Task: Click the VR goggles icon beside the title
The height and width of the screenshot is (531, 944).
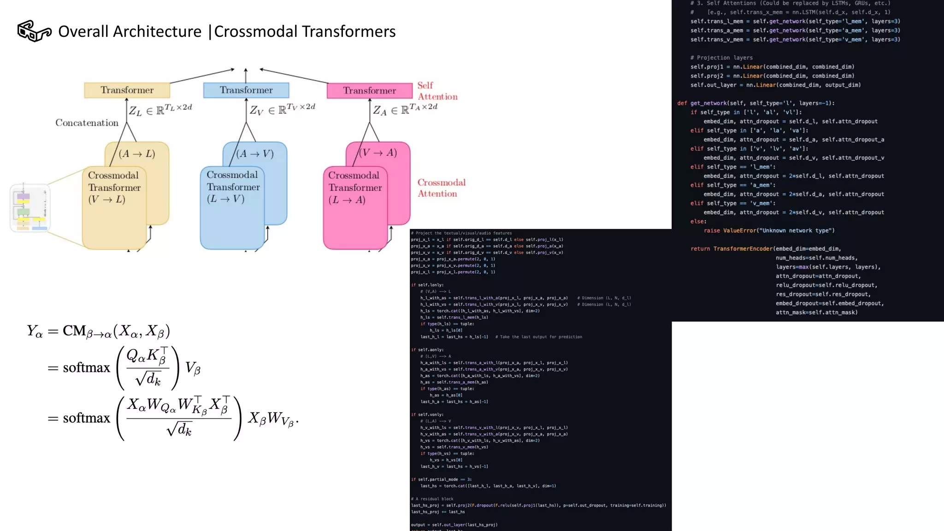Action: (34, 31)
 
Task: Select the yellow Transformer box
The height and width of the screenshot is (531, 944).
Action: (127, 90)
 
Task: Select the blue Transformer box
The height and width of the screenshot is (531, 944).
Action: (246, 90)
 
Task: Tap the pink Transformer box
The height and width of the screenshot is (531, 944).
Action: (369, 90)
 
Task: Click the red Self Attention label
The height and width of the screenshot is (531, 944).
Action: (437, 91)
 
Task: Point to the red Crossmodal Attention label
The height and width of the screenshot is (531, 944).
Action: (441, 188)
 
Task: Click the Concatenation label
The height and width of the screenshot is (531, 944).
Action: (87, 123)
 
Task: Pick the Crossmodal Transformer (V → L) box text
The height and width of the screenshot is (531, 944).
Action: (114, 187)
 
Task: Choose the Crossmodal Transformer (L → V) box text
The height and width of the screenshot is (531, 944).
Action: (233, 187)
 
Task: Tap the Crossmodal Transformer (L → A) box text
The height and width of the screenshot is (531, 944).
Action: (354, 187)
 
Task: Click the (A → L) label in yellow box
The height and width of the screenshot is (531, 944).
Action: (137, 153)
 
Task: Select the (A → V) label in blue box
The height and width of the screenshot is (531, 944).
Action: (255, 153)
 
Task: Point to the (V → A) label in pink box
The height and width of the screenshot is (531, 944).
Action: (378, 153)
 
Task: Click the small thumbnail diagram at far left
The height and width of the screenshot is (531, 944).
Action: (30, 208)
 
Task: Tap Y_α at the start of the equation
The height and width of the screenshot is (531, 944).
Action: (35, 331)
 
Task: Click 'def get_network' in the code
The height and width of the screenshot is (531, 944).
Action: (705, 103)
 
